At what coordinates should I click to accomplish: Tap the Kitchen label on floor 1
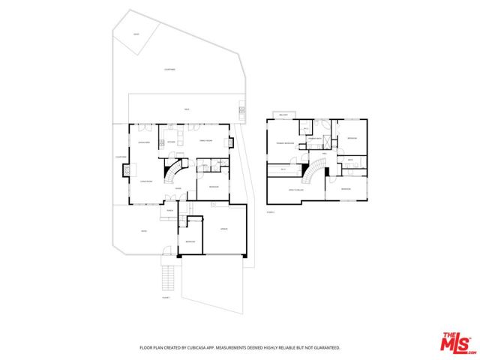click(x=171, y=140)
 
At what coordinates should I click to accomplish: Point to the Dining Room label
click(x=143, y=142)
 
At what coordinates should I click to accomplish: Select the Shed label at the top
click(x=136, y=34)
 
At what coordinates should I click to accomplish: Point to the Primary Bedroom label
click(x=284, y=142)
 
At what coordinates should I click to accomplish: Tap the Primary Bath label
click(x=315, y=139)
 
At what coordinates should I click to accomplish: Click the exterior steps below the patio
click(x=169, y=278)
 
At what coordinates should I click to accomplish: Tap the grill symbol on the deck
click(x=241, y=111)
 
